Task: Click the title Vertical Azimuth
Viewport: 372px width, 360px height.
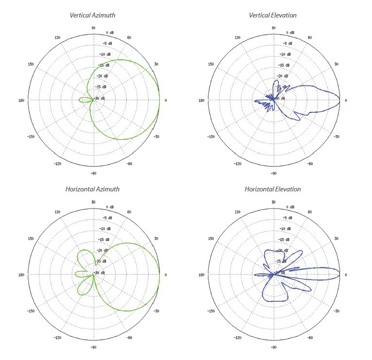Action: click(93, 16)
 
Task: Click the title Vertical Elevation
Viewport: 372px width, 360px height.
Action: click(272, 16)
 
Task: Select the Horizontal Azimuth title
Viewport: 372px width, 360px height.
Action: click(92, 189)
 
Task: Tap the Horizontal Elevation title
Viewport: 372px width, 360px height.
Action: click(272, 189)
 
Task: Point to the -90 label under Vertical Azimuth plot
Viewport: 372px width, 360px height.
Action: click(93, 173)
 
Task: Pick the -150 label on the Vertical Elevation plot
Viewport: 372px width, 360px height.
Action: click(211, 137)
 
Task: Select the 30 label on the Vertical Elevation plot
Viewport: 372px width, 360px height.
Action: click(336, 64)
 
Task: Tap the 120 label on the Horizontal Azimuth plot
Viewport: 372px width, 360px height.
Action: click(57, 212)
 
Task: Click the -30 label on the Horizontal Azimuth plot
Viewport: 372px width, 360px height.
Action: click(155, 311)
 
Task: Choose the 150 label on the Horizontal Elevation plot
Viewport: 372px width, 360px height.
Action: click(211, 239)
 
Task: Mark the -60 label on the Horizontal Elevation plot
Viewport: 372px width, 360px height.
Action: click(309, 338)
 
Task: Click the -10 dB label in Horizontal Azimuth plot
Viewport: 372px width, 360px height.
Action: click(105, 229)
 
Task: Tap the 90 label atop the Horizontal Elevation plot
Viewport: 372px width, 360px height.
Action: click(273, 202)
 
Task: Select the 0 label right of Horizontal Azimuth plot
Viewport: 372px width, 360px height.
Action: click(166, 275)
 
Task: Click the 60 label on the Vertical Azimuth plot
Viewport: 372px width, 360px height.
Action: click(129, 37)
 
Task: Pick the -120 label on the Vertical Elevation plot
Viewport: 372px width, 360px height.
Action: click(237, 164)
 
